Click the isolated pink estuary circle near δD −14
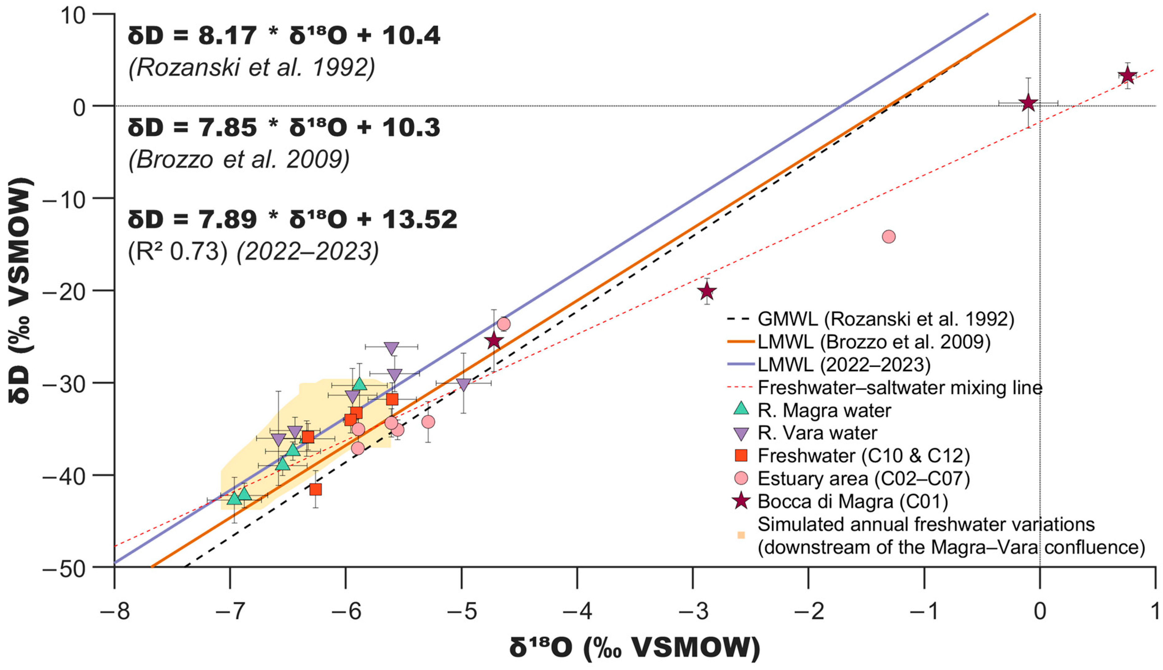click(889, 236)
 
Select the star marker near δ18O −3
click(707, 291)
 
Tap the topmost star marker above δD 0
click(1127, 75)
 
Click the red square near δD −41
click(315, 489)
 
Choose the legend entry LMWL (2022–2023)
click(844, 364)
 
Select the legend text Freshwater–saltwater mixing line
click(900, 388)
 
